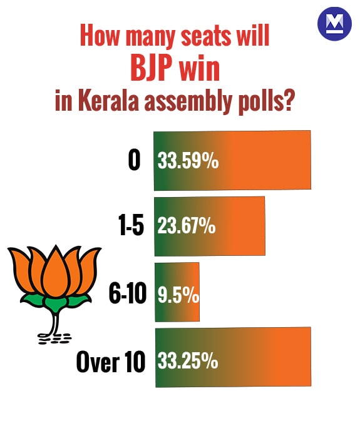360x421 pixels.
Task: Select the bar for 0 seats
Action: click(232, 160)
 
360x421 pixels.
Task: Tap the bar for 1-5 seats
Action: click(209, 226)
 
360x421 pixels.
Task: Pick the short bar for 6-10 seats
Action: click(177, 292)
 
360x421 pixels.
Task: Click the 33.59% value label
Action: click(188, 161)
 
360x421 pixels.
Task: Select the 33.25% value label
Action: click(188, 360)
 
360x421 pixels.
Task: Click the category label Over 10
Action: click(111, 361)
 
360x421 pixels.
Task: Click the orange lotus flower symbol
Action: click(56, 269)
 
